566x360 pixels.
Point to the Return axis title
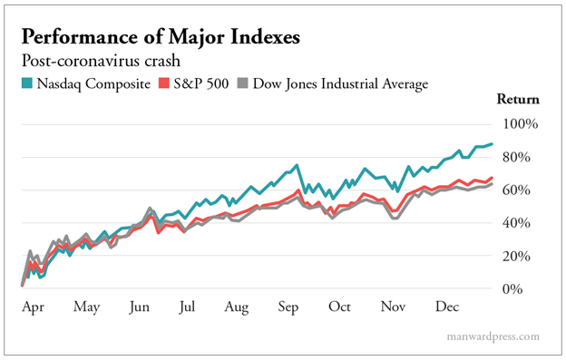519,100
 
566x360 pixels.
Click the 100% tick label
522,123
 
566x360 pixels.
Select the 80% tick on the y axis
525,157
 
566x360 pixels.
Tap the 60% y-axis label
525,190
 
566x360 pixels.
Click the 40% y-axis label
525,222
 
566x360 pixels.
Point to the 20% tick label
525,256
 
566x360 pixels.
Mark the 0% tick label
529,288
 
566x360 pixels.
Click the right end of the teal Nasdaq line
491,143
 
